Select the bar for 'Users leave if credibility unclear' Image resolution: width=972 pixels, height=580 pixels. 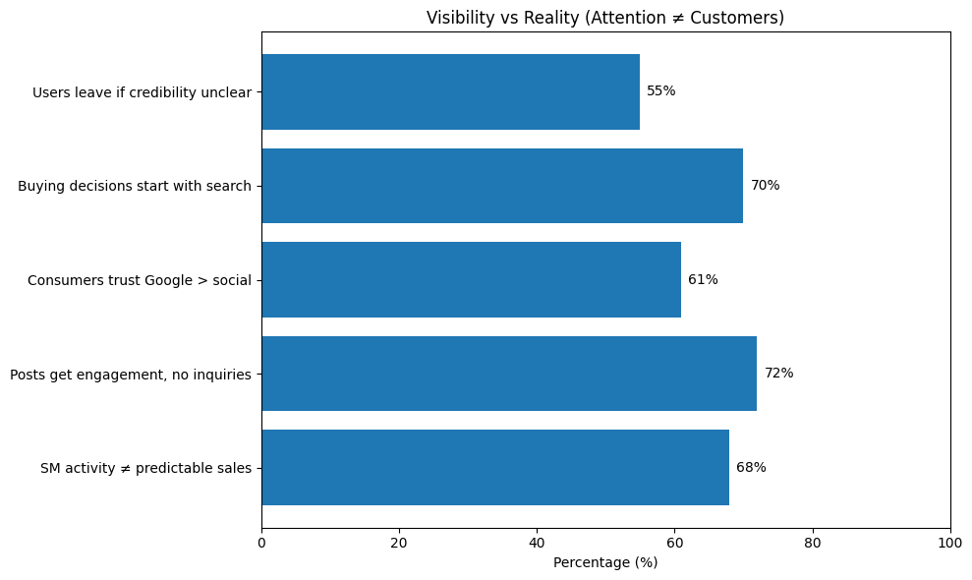[450, 91]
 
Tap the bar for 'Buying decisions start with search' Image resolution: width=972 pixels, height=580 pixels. [501, 186]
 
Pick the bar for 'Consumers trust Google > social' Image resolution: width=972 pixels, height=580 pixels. [471, 279]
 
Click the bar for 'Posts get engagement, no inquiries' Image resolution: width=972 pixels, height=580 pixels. [508, 374]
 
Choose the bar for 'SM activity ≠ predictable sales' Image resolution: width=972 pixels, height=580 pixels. [494, 468]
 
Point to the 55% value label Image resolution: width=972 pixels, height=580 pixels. [660, 91]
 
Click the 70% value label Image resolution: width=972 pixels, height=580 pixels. [765, 186]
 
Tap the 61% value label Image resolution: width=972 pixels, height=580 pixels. [703, 279]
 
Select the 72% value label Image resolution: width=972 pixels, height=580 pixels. [778, 374]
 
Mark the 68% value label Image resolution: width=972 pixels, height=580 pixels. [751, 468]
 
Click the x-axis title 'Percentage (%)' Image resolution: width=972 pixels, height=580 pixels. [605, 562]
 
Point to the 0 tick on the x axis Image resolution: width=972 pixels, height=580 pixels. [261, 542]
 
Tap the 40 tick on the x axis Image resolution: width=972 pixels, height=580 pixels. [537, 542]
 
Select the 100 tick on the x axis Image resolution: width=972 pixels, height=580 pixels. [950, 542]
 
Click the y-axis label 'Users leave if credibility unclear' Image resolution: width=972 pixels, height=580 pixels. [142, 92]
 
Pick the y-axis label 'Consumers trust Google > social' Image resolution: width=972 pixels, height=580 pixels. [140, 280]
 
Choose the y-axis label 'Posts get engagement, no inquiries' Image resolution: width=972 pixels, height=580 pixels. [131, 375]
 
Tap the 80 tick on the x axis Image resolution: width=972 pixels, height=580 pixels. [813, 542]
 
